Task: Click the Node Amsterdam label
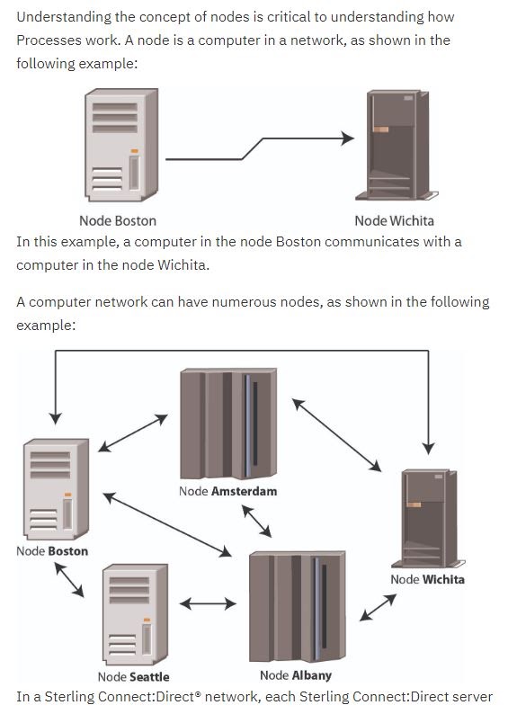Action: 227,491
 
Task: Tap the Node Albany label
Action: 296,675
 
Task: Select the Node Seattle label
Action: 133,677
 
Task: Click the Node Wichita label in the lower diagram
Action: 427,580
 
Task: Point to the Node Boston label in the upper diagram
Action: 118,221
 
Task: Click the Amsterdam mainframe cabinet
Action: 228,423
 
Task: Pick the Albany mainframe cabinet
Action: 298,606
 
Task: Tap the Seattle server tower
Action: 135,614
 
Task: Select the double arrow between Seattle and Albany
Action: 208,604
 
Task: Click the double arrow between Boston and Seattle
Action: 69,580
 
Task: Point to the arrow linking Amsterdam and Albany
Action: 256,521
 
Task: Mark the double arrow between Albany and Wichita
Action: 378,608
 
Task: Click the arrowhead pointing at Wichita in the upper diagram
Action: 348,138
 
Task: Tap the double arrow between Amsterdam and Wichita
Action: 337,435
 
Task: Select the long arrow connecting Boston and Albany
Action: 167,524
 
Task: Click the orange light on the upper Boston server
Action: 134,151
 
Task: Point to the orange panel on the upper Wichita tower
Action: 380,129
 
